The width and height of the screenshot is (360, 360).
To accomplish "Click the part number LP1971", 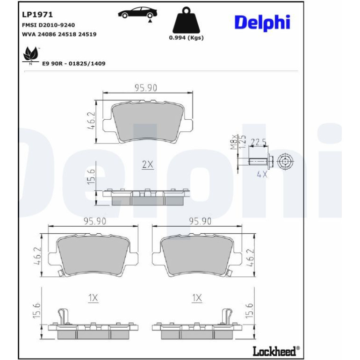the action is click(37, 14).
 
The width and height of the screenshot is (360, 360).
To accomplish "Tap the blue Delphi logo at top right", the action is click(262, 22).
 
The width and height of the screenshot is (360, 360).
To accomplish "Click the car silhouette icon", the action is click(137, 13).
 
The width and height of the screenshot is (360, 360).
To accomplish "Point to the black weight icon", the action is click(186, 20).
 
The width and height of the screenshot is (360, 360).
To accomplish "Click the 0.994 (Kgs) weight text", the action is click(186, 38).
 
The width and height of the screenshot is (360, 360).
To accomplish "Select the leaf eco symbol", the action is click(31, 54).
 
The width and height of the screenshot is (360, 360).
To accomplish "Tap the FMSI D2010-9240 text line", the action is click(49, 25).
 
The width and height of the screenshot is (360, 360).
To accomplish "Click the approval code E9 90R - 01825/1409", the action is click(74, 64).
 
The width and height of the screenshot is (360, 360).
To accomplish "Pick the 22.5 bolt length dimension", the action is click(258, 142).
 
